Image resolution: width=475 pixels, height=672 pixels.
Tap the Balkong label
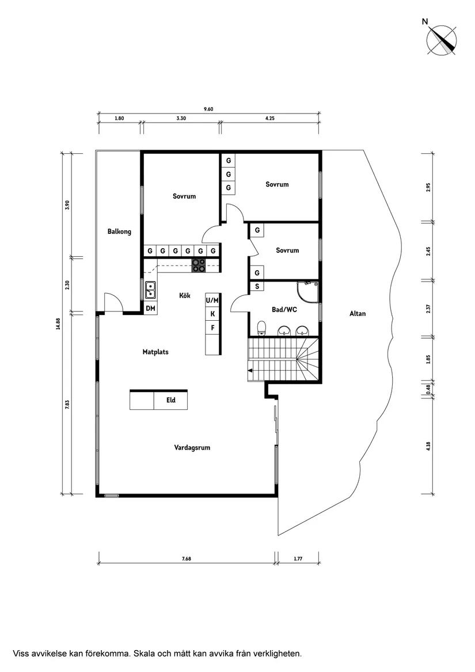pyautogui.click(x=119, y=231)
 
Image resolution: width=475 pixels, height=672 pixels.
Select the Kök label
pyautogui.click(x=185, y=295)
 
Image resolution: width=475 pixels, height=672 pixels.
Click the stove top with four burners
pyautogui.click(x=199, y=265)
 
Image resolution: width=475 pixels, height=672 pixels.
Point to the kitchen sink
pyautogui.click(x=150, y=290)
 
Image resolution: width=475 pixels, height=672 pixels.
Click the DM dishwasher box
pyautogui.click(x=150, y=309)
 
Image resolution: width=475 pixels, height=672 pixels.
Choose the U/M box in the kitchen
pyautogui.click(x=212, y=300)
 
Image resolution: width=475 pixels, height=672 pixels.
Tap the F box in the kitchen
pyautogui.click(x=212, y=328)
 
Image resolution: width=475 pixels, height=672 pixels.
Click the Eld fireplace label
pyautogui.click(x=171, y=400)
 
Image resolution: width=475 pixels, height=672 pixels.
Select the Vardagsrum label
pyautogui.click(x=192, y=447)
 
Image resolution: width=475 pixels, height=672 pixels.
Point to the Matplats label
pyautogui.click(x=155, y=351)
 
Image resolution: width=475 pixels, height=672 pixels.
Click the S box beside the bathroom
pyautogui.click(x=256, y=286)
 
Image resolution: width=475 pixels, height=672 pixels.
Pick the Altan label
pyautogui.click(x=358, y=314)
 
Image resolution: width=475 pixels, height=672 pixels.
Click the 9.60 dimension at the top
pyautogui.click(x=208, y=109)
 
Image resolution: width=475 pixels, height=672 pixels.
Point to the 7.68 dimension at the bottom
pyautogui.click(x=186, y=559)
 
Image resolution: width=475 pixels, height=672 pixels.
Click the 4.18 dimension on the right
pyautogui.click(x=428, y=447)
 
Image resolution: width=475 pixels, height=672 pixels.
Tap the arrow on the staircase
pyautogui.click(x=250, y=371)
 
